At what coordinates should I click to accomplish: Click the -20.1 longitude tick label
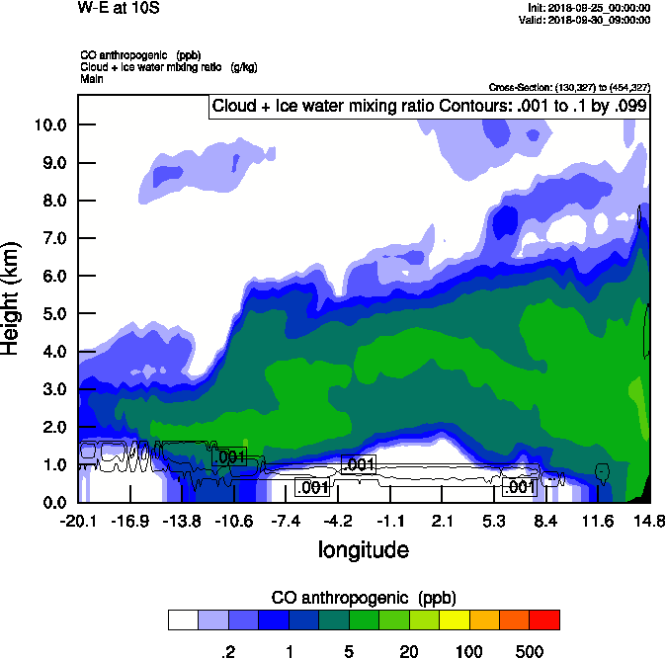(x=78, y=521)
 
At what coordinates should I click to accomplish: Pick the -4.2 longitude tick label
(x=339, y=521)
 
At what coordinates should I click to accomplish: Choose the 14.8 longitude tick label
(x=648, y=521)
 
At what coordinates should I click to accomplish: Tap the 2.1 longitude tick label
(x=443, y=521)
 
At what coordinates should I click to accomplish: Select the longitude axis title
(x=363, y=549)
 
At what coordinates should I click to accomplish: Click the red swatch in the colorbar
(x=544, y=619)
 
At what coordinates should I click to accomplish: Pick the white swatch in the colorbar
(x=183, y=619)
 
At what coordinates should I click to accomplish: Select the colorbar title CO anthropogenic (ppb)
(x=363, y=598)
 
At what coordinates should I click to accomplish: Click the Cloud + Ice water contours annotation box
(x=429, y=106)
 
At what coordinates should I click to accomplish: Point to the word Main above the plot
(x=91, y=77)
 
